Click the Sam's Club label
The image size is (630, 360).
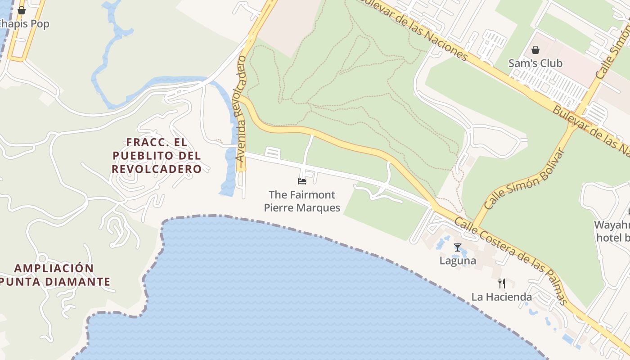pos(535,63)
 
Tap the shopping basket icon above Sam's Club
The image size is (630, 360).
pos(535,49)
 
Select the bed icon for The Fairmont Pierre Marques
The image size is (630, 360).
pos(302,181)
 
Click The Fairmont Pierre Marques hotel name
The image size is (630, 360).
pos(302,201)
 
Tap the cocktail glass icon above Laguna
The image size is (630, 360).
pos(458,247)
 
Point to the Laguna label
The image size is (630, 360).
pos(458,261)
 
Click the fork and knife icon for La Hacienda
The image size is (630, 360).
pos(502,283)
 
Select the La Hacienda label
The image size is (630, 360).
pos(502,297)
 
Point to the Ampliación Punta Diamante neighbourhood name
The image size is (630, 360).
pos(54,275)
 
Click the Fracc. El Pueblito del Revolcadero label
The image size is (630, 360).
pos(157,156)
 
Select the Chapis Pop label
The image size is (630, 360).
pos(25,24)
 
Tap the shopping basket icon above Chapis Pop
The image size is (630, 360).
pos(22,10)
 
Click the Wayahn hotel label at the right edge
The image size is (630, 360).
pos(612,231)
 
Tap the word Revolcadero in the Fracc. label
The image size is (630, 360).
pos(157,169)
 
